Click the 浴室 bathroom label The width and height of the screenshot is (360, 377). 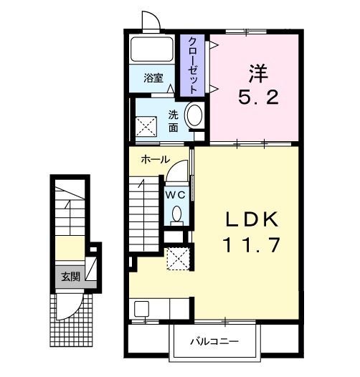tap(153, 78)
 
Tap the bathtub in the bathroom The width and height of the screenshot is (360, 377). tap(152, 49)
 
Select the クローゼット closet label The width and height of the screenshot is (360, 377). tap(193, 65)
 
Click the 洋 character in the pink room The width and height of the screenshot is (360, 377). tap(258, 74)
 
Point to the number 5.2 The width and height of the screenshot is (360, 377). tap(259, 97)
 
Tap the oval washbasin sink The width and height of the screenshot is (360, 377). tap(194, 115)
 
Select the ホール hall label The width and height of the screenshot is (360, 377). tap(155, 159)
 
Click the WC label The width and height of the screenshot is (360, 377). tap(176, 195)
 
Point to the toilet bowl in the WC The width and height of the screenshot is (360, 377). tap(177, 214)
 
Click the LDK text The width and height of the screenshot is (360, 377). tap(252, 219)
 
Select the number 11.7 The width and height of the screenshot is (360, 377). tap(252, 244)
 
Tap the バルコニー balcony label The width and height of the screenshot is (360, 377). tap(214, 341)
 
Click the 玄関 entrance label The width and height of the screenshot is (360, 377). tap(70, 277)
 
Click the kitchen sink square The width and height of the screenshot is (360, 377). tap(141, 309)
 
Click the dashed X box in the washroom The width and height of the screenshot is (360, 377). tap(146, 126)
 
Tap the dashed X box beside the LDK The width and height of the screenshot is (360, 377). tap(179, 259)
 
